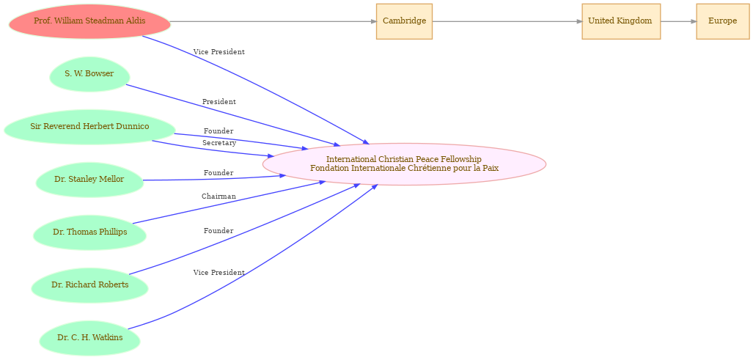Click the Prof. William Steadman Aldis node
[89, 21]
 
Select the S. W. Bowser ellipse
[89, 74]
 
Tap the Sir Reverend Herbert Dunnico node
[89, 127]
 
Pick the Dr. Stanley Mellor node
[89, 180]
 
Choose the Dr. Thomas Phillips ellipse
[89, 232]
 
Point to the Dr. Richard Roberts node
[89, 285]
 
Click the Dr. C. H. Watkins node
[89, 338]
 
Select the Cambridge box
[404, 21]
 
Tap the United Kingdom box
[621, 21]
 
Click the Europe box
[722, 21]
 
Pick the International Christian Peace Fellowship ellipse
[404, 164]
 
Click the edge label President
[219, 102]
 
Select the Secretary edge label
[219, 143]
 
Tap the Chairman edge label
[218, 196]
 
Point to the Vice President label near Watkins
[219, 273]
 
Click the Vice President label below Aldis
[219, 52]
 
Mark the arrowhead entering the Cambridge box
[373, 21]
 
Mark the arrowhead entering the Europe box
[693, 21]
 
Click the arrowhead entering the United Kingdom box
[578, 21]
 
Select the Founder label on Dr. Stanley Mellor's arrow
[218, 173]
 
